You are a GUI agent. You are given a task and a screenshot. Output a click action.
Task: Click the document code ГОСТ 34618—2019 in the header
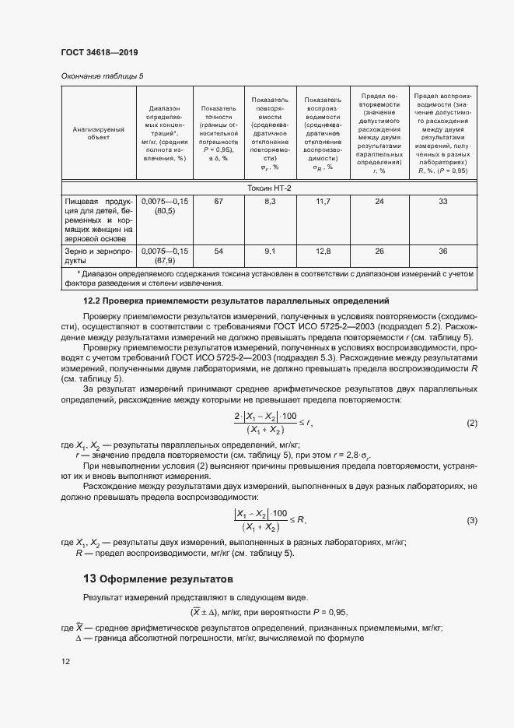pos(100,52)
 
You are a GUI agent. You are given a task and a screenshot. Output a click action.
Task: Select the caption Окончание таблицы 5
pos(102,76)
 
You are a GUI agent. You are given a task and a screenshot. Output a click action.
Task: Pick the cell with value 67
pos(219,202)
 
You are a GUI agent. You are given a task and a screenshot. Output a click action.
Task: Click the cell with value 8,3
pos(271,202)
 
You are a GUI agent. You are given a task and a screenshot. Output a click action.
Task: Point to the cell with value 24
pos(379,202)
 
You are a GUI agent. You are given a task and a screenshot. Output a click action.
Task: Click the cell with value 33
pos(442,202)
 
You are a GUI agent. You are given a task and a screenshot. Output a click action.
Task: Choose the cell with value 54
pos(219,251)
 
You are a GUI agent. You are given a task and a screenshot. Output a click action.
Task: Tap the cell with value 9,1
pos(271,251)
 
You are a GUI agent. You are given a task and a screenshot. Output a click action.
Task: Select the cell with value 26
pos(379,251)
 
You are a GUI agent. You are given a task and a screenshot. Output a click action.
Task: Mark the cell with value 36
pos(442,251)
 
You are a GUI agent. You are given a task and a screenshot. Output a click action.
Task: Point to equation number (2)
pos(471,423)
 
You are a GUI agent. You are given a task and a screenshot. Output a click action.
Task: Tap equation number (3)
pos(471,520)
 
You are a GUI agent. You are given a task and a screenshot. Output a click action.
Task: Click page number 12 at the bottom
pos(65,661)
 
